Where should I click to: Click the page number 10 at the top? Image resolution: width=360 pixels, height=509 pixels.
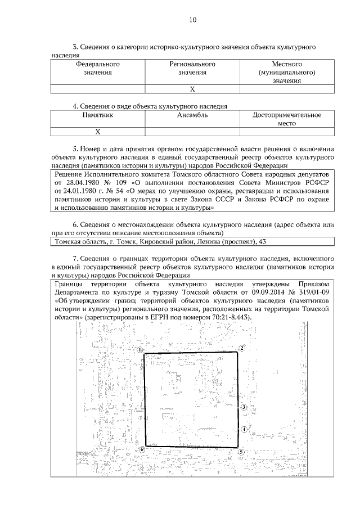(x=192, y=20)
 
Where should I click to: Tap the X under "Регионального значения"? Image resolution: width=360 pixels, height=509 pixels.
(x=192, y=89)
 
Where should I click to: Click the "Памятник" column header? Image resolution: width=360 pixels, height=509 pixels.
(x=97, y=115)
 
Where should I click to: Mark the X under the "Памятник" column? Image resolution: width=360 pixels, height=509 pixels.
(x=97, y=132)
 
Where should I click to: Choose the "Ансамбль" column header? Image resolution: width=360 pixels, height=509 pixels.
(x=192, y=115)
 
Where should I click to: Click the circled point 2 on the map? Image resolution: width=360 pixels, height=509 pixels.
(x=241, y=348)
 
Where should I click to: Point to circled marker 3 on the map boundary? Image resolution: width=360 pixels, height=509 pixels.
(x=244, y=407)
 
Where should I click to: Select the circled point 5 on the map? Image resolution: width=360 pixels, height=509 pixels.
(x=241, y=452)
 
